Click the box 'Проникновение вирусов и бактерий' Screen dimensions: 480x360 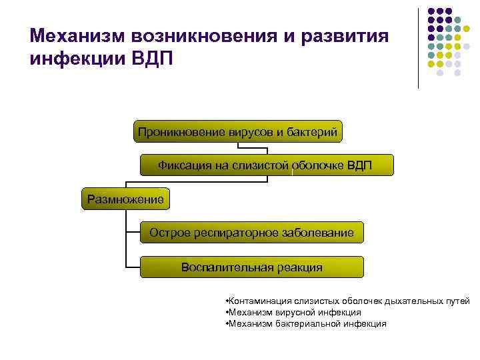238,131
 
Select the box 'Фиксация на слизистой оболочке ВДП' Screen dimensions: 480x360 266,165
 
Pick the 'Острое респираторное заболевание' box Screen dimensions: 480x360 251,233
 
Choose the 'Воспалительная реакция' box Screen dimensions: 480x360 251,267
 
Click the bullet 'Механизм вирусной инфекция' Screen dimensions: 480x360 294,312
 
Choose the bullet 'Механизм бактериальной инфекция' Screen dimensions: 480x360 307,323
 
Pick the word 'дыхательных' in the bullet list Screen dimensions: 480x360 393,301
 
